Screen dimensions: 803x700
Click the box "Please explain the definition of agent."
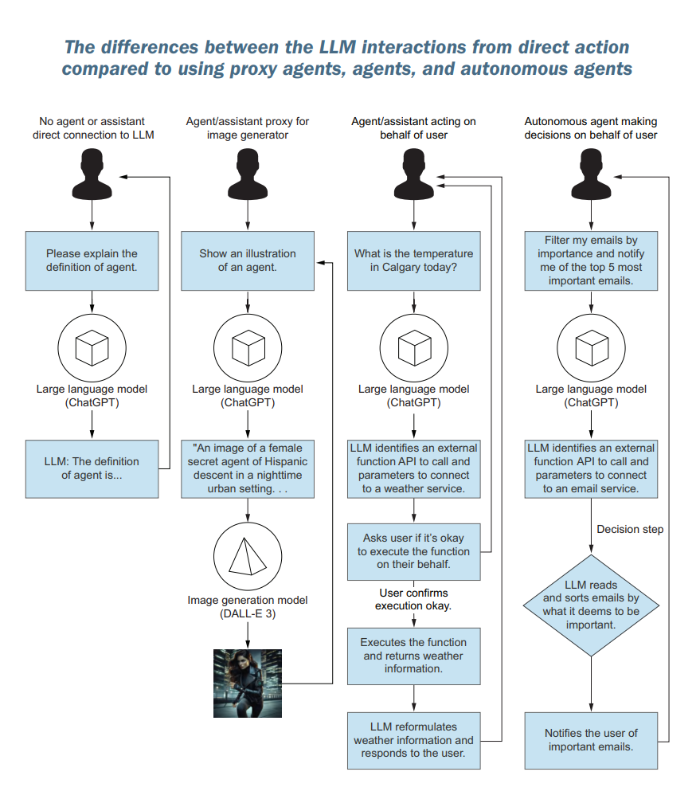pos(92,260)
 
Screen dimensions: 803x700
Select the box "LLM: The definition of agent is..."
pos(92,468)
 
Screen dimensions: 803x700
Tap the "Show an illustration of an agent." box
pos(248,260)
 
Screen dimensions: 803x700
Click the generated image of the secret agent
pos(248,684)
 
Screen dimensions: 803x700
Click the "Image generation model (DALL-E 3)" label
pos(248,607)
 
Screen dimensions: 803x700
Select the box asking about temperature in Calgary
pos(413,260)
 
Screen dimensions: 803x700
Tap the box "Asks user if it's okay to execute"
pos(413,551)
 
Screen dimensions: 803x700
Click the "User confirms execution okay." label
pos(413,599)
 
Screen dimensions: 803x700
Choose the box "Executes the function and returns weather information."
pos(413,656)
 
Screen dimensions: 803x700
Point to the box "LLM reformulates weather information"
pos(413,740)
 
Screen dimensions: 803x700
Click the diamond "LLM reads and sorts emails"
pos(591,605)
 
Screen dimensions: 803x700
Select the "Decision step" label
pos(630,529)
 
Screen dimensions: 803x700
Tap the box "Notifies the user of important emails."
pos(591,740)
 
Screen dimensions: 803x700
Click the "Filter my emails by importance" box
pos(591,260)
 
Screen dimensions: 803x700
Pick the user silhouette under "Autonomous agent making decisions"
pos(591,176)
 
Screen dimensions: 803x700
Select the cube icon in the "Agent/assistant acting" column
pos(413,347)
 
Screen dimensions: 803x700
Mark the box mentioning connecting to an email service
pos(591,468)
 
